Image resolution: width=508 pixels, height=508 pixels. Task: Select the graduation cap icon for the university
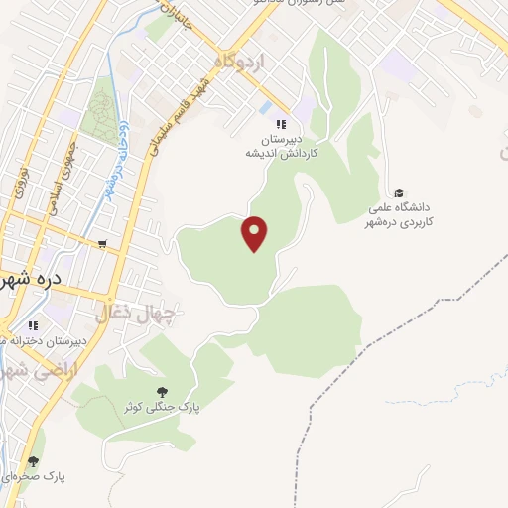coord(399,192)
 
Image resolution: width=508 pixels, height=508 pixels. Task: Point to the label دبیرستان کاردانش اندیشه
coord(281,148)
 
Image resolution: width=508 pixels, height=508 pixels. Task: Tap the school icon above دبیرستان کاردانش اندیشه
coord(281,124)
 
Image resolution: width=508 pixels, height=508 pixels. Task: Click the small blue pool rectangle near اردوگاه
coord(264,106)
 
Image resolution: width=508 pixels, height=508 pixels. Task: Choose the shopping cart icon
coord(102,243)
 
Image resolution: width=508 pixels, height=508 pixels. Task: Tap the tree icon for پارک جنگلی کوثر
coord(162,391)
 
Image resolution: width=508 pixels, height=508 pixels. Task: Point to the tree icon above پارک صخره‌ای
coord(33,461)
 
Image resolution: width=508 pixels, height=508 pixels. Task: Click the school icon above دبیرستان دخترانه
coord(33,324)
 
